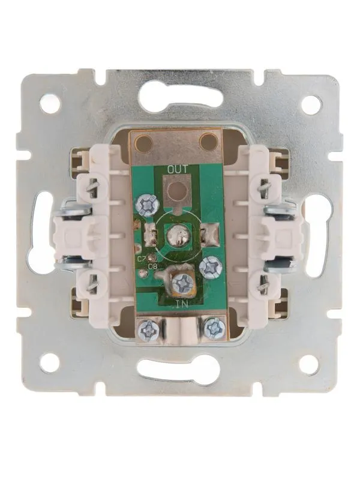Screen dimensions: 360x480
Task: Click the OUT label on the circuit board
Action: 177,169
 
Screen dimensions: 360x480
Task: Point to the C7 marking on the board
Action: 141,259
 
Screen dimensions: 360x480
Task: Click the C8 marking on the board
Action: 152,266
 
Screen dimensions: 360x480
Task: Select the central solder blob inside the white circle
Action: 177,236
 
